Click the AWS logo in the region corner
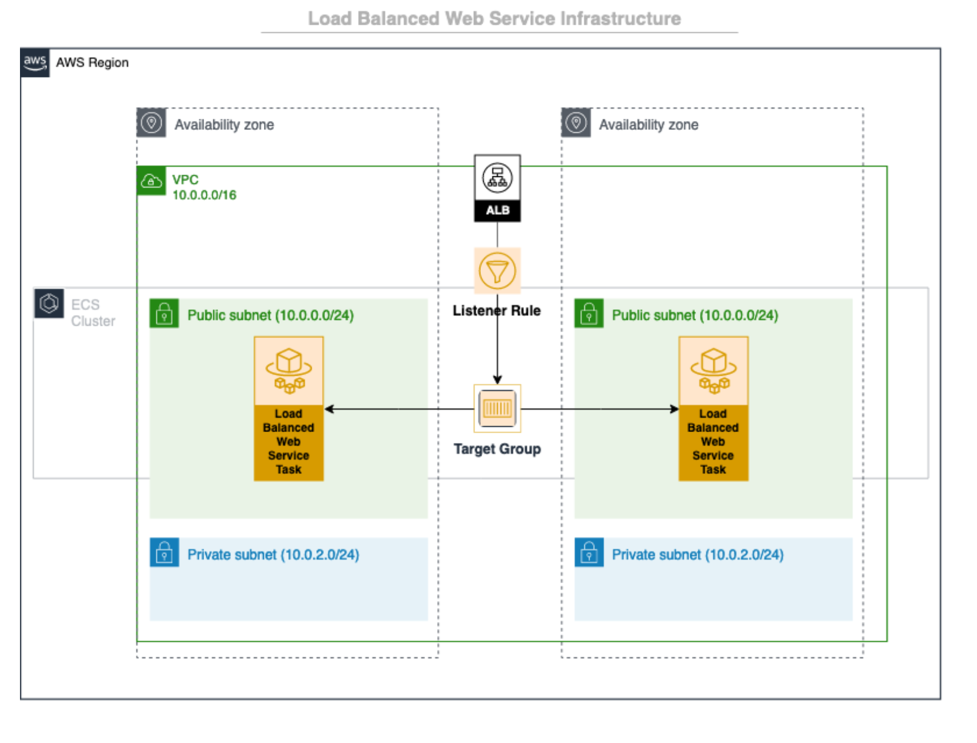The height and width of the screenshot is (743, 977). (35, 62)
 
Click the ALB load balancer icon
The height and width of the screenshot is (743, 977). (497, 188)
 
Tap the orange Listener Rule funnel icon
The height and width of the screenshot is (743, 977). (497, 270)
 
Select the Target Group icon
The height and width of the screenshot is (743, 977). (497, 408)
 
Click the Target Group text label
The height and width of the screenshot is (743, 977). (497, 449)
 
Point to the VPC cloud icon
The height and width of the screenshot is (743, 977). (151, 181)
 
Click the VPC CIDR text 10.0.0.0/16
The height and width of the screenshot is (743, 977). (205, 195)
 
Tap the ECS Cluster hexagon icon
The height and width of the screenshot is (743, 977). (49, 303)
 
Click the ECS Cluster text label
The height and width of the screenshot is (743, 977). (93, 312)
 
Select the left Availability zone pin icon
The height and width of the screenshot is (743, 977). (151, 122)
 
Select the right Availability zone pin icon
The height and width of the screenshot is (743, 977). (576, 122)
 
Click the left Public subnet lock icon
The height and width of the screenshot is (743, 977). (164, 313)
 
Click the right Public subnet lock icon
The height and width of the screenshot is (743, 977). (589, 313)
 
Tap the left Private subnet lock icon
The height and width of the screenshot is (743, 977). (164, 552)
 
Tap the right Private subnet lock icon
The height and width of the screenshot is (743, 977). (589, 552)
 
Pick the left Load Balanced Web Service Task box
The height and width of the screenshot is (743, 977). (289, 409)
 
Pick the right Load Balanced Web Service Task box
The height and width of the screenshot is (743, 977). (713, 409)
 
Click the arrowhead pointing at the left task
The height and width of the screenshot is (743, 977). (329, 409)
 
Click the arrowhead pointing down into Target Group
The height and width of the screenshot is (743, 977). (497, 380)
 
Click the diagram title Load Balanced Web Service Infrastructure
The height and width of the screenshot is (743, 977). (494, 19)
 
